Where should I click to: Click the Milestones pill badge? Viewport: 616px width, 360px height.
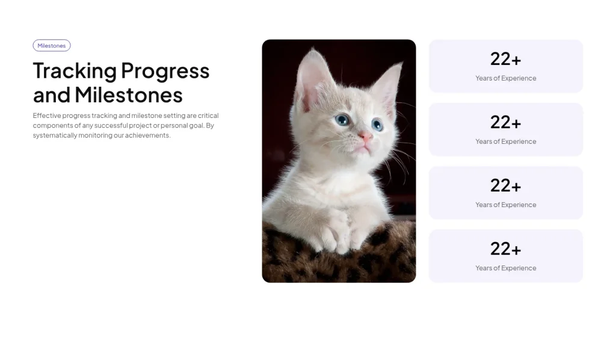(52, 46)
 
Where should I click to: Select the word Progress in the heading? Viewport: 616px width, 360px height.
(165, 71)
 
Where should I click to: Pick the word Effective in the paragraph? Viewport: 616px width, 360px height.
(47, 116)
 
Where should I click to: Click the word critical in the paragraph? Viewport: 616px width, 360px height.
(208, 116)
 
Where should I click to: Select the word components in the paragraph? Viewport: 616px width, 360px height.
(53, 126)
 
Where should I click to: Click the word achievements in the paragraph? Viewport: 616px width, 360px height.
(148, 135)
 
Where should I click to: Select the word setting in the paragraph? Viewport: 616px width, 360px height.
(174, 116)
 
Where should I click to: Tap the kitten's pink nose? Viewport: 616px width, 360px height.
(365, 137)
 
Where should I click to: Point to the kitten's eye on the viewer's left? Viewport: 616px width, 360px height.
(342, 119)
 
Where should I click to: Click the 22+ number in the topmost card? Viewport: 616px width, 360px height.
(505, 59)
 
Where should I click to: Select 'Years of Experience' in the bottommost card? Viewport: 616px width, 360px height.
(505, 268)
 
